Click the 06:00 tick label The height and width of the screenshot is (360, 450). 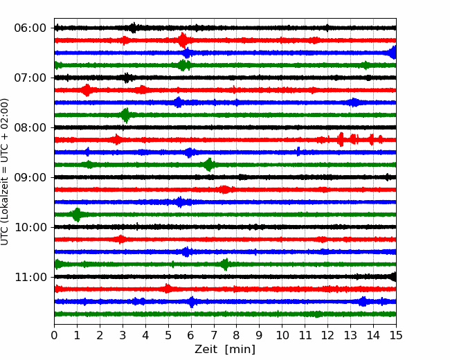(30, 28)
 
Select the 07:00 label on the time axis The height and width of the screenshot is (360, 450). (30, 78)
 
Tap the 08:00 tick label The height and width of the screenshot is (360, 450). (30, 127)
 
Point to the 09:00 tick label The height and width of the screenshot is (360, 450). (30, 177)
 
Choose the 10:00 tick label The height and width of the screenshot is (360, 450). (30, 227)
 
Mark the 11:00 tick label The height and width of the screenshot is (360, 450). (30, 277)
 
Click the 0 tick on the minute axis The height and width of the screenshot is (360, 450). (54, 335)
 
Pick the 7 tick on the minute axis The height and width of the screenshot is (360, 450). (213, 335)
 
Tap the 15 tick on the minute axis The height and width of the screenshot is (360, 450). (396, 335)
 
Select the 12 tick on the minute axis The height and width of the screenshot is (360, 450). (327, 335)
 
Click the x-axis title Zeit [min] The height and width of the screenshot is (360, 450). (225, 350)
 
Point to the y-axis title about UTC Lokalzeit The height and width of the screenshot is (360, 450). (4, 172)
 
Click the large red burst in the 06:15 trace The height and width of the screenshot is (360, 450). (183, 40)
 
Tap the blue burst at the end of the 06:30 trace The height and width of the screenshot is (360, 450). (393, 53)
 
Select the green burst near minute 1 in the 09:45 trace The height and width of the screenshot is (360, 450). (77, 215)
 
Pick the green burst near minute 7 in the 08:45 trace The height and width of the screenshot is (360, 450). (209, 165)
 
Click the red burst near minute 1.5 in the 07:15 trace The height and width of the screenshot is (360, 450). (87, 90)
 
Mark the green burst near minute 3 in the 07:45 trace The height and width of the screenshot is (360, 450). (125, 115)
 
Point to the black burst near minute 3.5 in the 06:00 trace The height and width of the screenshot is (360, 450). (133, 28)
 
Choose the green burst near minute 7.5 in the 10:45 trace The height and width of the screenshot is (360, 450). (225, 264)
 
